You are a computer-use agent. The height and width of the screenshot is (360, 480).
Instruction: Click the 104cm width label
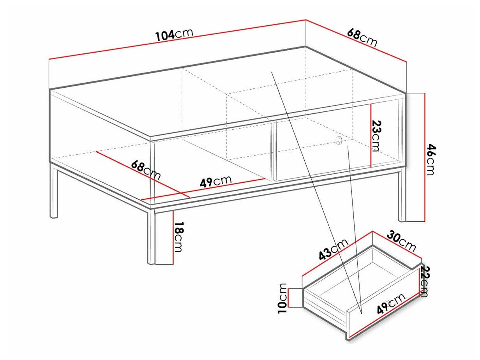(174, 34)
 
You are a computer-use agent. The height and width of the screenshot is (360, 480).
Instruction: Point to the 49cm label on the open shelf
(215, 181)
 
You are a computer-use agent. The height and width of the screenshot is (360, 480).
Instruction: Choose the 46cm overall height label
(430, 159)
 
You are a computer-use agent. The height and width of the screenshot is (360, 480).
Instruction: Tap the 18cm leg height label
(178, 237)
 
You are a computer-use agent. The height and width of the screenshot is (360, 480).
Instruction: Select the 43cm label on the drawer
(332, 249)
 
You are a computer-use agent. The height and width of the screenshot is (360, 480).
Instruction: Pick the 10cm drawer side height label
(283, 298)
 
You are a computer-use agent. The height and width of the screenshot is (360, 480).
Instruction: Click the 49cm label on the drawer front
(391, 304)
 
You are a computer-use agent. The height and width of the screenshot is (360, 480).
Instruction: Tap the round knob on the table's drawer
(338, 141)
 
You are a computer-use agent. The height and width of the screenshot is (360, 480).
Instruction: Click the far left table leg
(54, 193)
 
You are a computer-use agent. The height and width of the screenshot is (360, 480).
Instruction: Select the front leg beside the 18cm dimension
(151, 238)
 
